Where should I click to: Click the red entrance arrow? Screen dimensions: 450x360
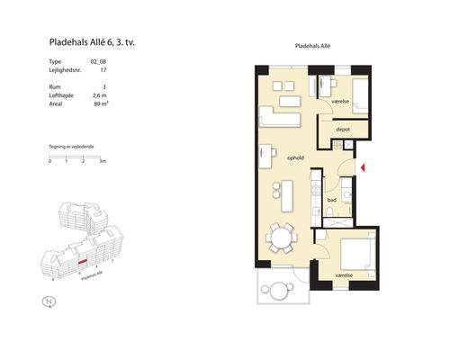point(363,167)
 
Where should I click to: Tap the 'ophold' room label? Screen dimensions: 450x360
point(295,157)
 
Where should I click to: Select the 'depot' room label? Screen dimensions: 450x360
point(343,130)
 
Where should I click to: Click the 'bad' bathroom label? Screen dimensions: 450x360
point(332,200)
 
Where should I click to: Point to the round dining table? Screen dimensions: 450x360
point(282,237)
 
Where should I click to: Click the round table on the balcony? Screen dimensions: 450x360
point(279,291)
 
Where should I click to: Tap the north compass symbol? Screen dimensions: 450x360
point(49,301)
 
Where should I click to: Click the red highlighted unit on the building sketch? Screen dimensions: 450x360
point(82,262)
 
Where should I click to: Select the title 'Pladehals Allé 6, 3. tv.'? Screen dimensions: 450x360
point(92,42)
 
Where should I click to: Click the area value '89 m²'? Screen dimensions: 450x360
point(101,104)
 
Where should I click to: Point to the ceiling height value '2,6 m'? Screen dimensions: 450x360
point(100,95)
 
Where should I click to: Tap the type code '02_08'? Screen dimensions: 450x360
point(98,62)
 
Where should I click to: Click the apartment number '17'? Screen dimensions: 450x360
point(103,70)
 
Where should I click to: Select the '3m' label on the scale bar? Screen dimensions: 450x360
point(103,161)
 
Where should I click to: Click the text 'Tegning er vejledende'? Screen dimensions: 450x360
point(71,147)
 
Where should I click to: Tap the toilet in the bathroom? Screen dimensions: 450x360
point(329,211)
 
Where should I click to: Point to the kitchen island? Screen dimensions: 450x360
point(287,196)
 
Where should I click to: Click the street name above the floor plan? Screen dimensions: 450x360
point(312,46)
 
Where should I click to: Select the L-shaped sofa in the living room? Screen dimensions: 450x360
point(280,117)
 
